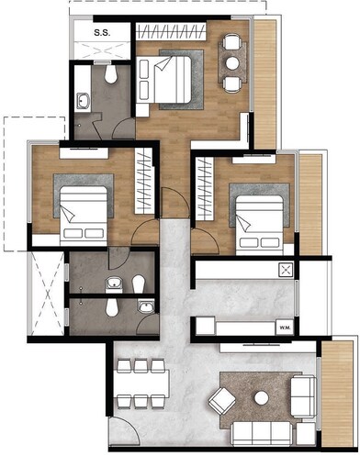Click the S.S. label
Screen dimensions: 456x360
point(100,34)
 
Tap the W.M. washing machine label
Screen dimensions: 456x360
point(285,327)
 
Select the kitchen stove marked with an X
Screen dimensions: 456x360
point(286,270)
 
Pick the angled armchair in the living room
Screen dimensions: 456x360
point(221,400)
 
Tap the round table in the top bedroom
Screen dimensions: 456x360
point(233,62)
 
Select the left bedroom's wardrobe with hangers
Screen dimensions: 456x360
point(142,177)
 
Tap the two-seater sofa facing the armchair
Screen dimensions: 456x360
point(302,395)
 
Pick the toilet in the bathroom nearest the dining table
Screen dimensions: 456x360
point(112,309)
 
